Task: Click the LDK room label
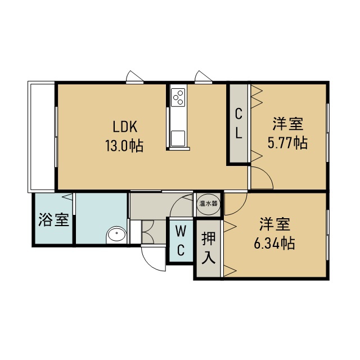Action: pos(125,127)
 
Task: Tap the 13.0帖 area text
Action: pos(124,146)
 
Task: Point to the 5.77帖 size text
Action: pos(287,143)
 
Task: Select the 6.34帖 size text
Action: pos(274,243)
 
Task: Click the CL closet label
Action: pos(238,123)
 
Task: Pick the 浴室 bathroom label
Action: pos(54,219)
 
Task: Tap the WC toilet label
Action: pos(181,240)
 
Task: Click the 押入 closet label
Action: pos(209,248)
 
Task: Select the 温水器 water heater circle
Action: pos(208,204)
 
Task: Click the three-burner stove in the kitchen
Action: pos(178,97)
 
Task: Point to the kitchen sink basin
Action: pos(178,138)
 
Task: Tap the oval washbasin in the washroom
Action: pos(116,235)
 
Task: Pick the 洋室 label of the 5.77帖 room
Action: pos(288,124)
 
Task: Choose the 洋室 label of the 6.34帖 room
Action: pos(275,224)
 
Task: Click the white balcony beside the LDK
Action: pos(41,137)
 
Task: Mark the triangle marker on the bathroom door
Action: pos(67,197)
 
